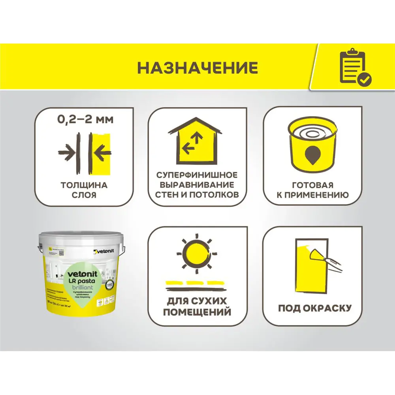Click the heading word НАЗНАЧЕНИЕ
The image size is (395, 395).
(197, 68)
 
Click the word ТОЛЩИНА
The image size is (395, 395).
(84, 185)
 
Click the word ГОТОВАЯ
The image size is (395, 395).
(312, 185)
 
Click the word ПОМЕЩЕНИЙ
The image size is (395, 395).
(197, 312)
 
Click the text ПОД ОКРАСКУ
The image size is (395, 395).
(314, 308)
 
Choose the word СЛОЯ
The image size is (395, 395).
(84, 195)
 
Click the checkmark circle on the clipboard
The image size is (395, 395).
(364, 79)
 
